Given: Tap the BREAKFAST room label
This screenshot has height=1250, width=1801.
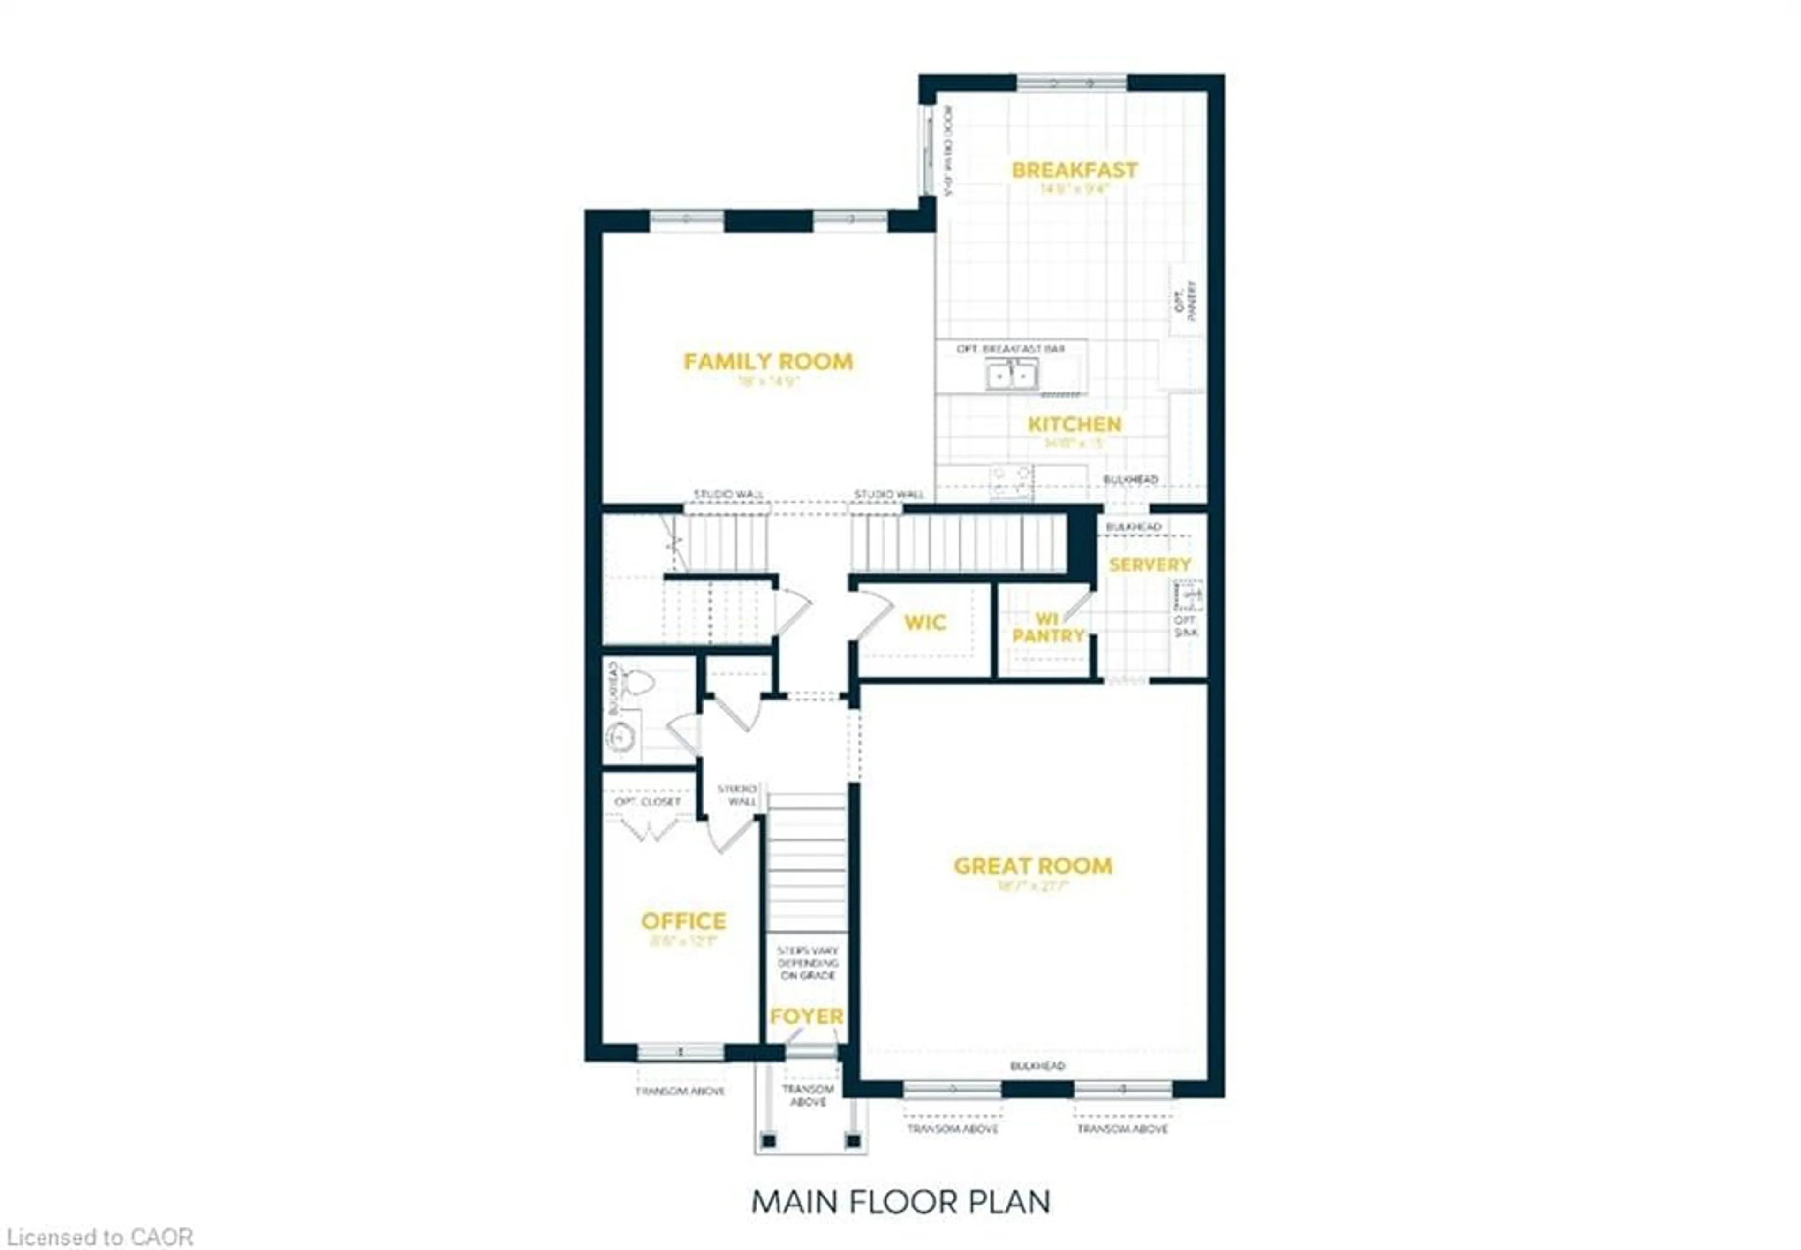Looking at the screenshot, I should pos(1074,170).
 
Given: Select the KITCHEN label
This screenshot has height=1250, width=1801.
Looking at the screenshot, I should pos(1074,424).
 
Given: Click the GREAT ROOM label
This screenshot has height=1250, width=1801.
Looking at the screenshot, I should pos(1032,866).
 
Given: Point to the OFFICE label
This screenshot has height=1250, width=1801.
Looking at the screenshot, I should pos(683,921).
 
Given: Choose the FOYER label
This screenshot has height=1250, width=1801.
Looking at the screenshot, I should pos(806,1017).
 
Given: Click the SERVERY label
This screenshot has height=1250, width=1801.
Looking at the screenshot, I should pos(1149,565).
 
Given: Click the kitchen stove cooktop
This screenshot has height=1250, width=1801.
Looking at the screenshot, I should pos(1011,481).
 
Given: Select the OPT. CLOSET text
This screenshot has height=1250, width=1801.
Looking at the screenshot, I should pos(647,802).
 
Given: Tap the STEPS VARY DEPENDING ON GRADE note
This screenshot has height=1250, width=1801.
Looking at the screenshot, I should pos(807,963).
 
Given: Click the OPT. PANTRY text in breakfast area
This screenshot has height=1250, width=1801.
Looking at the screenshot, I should pos(1185,300).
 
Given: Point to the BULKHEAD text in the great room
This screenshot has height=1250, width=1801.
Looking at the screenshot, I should pos(1037,1066).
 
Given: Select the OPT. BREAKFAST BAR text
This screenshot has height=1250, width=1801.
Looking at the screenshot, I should pos(1010,348).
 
